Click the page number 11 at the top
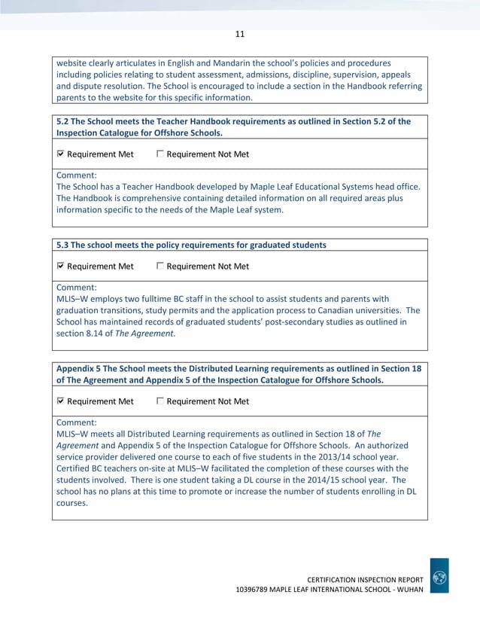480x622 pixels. [240, 34]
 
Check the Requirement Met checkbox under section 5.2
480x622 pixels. [61, 154]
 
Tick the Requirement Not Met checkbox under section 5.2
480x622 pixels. [160, 154]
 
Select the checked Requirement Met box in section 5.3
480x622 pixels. [61, 266]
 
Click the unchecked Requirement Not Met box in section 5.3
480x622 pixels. [160, 266]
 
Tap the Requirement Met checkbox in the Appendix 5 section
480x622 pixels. [61, 401]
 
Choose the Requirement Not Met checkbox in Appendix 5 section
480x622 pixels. [160, 401]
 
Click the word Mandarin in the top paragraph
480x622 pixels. [218, 63]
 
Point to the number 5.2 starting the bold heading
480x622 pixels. [64, 121]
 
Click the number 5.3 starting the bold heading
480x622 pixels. [64, 245]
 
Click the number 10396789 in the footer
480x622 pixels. [257, 588]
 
